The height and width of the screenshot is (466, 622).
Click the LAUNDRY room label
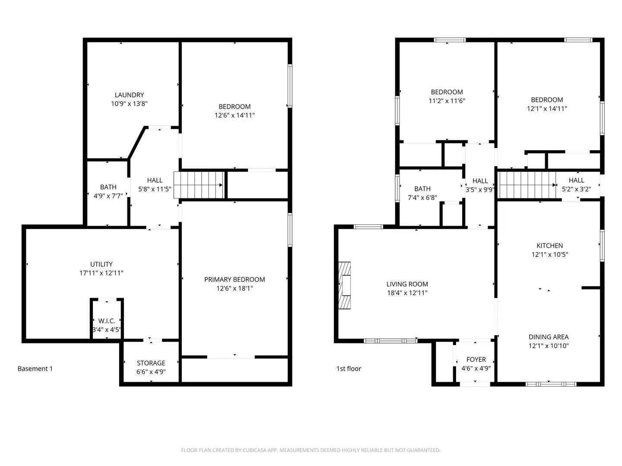pyautogui.click(x=129, y=95)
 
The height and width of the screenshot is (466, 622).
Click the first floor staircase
pyautogui.click(x=527, y=185)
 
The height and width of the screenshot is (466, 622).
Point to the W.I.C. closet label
pyautogui.click(x=107, y=321)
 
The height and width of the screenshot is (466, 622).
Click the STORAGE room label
pyautogui.click(x=151, y=363)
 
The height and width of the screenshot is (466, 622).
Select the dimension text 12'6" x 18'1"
pyautogui.click(x=235, y=288)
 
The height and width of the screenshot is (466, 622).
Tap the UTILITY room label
pyautogui.click(x=102, y=264)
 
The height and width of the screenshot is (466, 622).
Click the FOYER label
pyautogui.click(x=476, y=359)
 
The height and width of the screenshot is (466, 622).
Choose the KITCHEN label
pyautogui.click(x=549, y=246)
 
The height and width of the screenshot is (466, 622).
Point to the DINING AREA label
pyautogui.click(x=549, y=337)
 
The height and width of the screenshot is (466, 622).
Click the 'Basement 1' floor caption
pyautogui.click(x=35, y=368)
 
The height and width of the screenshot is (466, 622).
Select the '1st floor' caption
pyautogui.click(x=349, y=368)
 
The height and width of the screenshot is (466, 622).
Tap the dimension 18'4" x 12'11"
pyautogui.click(x=407, y=293)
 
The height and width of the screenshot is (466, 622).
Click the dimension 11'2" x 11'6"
pyautogui.click(x=447, y=101)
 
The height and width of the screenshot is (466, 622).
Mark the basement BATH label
pyautogui.click(x=108, y=187)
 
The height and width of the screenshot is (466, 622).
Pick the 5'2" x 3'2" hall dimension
pyautogui.click(x=576, y=189)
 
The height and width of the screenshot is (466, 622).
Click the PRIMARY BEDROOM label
pyautogui.click(x=235, y=279)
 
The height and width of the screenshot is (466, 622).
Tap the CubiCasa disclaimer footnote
pyautogui.click(x=311, y=450)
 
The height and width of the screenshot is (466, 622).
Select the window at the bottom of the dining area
pyautogui.click(x=551, y=384)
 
